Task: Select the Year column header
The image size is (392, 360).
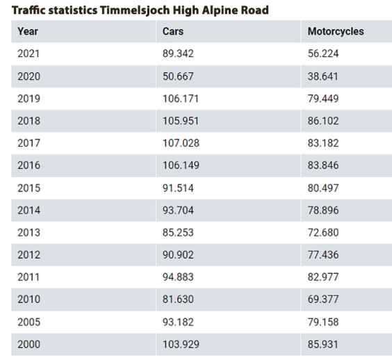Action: click(x=28, y=31)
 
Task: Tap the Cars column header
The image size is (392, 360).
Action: click(x=173, y=31)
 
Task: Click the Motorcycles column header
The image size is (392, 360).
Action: click(x=336, y=31)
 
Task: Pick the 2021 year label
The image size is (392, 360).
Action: click(x=28, y=54)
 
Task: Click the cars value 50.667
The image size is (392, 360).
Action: click(x=178, y=76)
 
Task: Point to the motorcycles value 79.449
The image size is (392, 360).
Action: click(x=323, y=99)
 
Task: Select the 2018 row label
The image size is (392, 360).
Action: click(x=28, y=121)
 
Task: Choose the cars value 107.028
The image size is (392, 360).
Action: click(x=181, y=143)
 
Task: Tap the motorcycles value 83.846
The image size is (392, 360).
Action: click(x=323, y=165)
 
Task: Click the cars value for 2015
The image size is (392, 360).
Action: click(x=178, y=188)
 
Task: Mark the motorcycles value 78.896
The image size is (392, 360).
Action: click(x=323, y=211)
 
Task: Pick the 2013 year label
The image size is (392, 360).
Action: click(x=28, y=233)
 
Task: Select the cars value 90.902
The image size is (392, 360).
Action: click(x=178, y=255)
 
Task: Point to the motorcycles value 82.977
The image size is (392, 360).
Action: click(x=323, y=277)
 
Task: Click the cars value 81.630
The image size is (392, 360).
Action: click(x=178, y=300)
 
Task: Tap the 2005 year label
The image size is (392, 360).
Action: click(x=28, y=322)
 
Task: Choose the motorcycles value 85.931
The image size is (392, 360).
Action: click(x=322, y=344)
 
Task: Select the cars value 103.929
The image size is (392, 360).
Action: click(x=181, y=344)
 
